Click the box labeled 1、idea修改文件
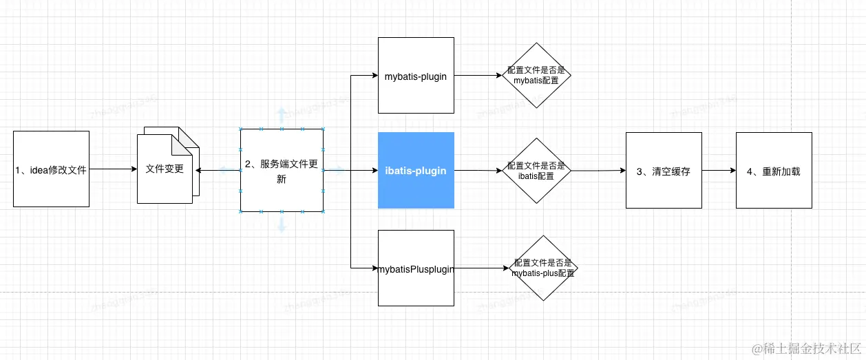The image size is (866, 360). click(x=52, y=169)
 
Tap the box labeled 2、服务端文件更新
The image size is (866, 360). click(x=282, y=170)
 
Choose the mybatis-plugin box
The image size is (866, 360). click(x=416, y=76)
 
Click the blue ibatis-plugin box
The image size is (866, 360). click(x=416, y=170)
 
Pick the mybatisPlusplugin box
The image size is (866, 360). click(x=416, y=268)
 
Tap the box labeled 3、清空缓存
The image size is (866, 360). click(x=664, y=170)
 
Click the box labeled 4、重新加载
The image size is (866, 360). click(x=774, y=170)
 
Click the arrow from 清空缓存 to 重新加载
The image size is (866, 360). click(x=719, y=170)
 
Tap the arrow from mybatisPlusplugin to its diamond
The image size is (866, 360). click(x=482, y=268)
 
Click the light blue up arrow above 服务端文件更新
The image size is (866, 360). click(x=281, y=114)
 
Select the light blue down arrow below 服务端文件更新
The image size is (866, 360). click(x=282, y=225)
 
